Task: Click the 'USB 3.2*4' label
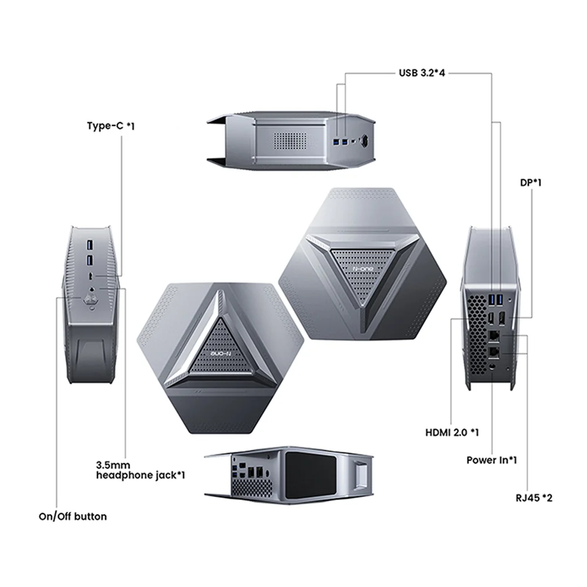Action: (421, 73)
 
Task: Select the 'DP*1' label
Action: (531, 183)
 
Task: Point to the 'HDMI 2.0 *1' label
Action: (451, 433)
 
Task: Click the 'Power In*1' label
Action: (491, 460)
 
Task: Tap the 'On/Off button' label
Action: (73, 517)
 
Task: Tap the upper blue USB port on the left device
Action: (90, 243)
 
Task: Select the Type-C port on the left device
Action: (90, 274)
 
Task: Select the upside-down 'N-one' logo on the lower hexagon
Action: (221, 354)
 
